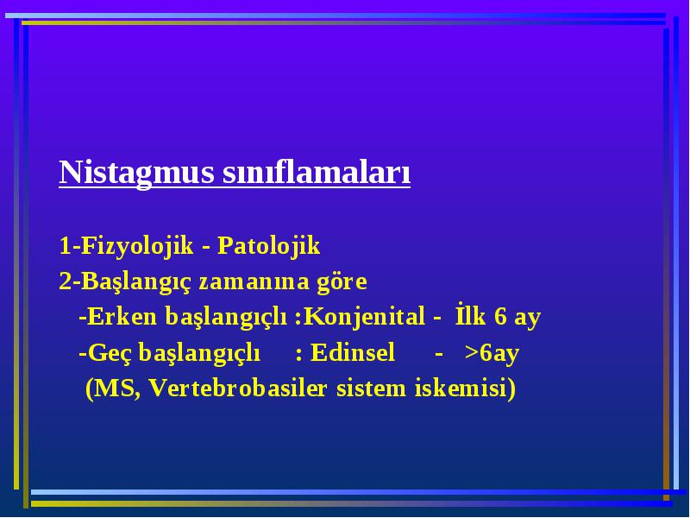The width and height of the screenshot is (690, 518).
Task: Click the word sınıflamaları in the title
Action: coord(317,172)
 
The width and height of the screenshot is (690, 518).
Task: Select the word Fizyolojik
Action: coord(137,246)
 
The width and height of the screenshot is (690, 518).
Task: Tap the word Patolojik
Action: coord(269,246)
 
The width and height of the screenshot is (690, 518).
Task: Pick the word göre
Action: coord(342,282)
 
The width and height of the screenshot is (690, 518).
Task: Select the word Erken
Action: coord(122,317)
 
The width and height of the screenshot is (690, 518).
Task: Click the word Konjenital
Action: coord(364,318)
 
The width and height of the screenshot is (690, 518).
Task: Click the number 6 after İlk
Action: coord(500,317)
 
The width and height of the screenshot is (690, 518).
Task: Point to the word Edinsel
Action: coord(353,353)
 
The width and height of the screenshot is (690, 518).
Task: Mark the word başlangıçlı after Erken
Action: coord(226,318)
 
